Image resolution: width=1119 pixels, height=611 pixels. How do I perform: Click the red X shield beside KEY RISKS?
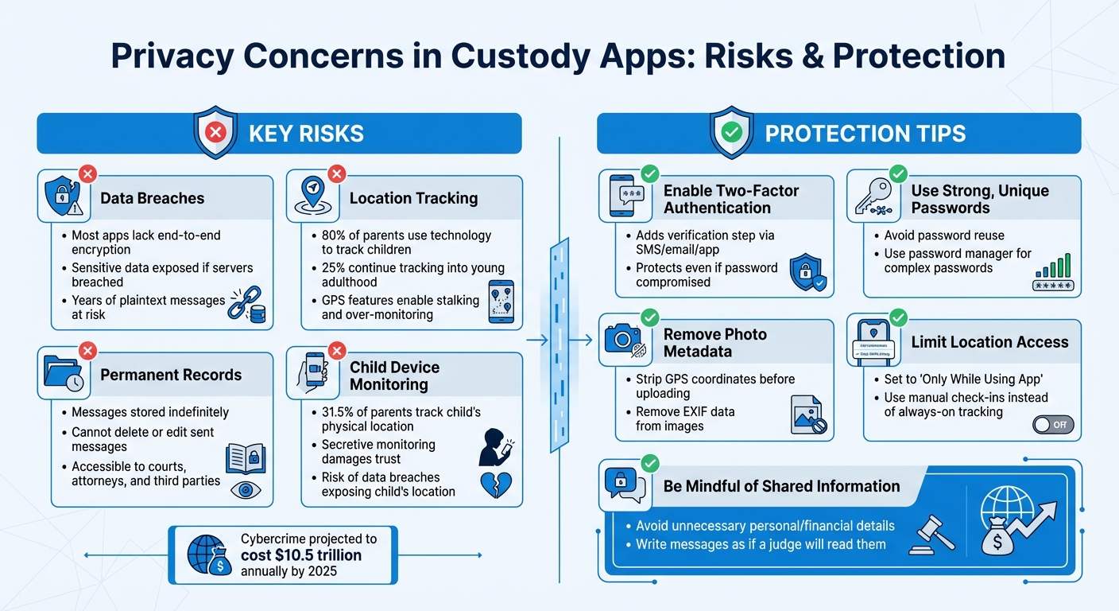click(x=215, y=133)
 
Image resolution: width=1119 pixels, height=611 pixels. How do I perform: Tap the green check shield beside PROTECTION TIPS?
click(x=731, y=133)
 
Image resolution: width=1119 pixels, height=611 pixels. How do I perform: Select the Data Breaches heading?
click(x=152, y=198)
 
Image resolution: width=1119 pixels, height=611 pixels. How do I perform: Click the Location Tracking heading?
click(x=413, y=198)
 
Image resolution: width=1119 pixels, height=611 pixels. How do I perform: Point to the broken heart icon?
click(x=496, y=484)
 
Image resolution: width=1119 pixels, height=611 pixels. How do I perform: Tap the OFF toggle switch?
click(x=1053, y=425)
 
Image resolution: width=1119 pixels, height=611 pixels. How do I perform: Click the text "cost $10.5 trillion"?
click(x=301, y=555)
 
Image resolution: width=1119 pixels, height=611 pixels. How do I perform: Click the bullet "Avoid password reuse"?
click(x=944, y=235)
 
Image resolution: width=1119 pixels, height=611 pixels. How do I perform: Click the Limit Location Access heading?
click(x=989, y=342)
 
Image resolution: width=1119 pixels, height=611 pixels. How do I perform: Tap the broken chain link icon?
click(x=244, y=304)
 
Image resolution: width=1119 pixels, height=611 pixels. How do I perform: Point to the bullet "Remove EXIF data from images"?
click(x=685, y=419)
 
